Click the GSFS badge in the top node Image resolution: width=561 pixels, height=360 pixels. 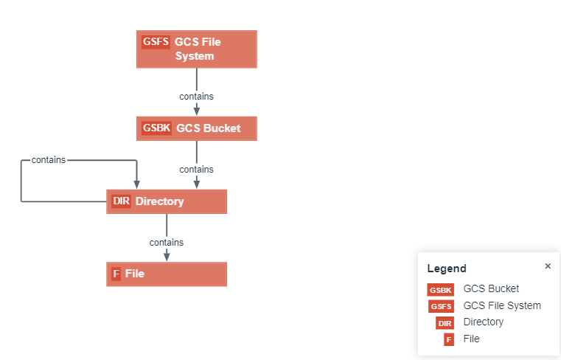[x=156, y=42]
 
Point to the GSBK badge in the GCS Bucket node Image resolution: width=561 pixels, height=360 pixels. [x=156, y=128]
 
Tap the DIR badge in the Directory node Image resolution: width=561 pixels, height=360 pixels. [x=121, y=201]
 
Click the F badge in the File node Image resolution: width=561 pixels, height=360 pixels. [x=116, y=274]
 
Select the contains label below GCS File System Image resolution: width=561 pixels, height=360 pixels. [x=196, y=96]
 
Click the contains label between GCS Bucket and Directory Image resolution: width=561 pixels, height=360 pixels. [x=196, y=170]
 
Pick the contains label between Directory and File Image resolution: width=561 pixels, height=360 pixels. [x=167, y=242]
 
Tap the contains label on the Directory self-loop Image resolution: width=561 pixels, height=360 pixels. [x=49, y=160]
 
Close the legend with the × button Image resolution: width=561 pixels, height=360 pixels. [x=548, y=266]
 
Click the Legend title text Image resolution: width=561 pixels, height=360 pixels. [x=447, y=269]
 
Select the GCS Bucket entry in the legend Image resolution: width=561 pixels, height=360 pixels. [x=491, y=289]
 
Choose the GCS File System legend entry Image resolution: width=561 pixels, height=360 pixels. [x=501, y=305]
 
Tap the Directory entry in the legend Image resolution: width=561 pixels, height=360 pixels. [x=483, y=322]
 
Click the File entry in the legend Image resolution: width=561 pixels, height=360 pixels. [x=471, y=339]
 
